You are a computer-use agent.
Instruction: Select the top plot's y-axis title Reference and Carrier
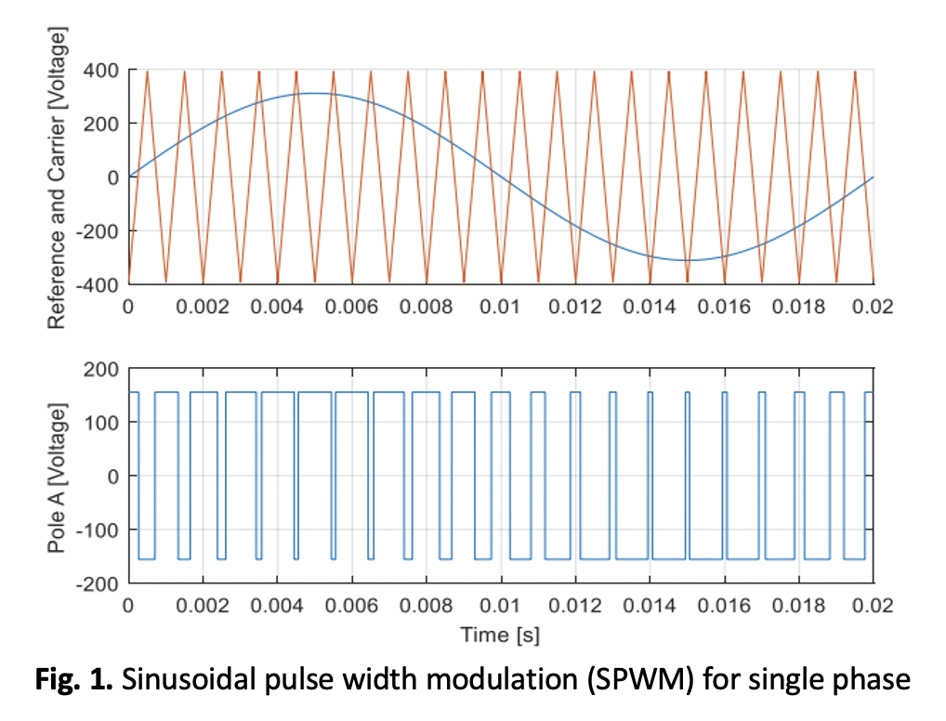point(57,177)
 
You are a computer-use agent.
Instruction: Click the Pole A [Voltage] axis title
point(57,478)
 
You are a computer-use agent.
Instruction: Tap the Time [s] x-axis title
point(500,636)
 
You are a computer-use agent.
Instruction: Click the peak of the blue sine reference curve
point(315,93)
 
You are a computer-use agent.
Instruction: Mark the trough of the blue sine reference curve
point(687,260)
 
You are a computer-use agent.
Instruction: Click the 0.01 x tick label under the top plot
point(500,307)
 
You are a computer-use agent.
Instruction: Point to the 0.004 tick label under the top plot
point(277,307)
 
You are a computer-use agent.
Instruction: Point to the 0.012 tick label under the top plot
point(575,307)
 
